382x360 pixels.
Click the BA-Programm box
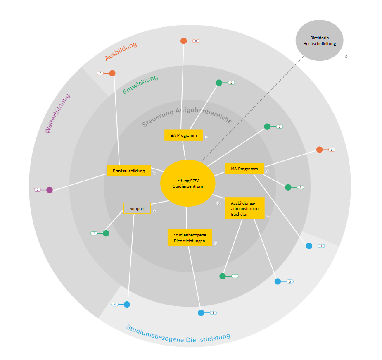[183, 135]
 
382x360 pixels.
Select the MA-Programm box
[244, 169]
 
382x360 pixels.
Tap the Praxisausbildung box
[128, 171]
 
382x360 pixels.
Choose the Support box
[137, 208]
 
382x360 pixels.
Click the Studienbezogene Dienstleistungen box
[190, 238]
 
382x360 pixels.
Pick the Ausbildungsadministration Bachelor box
[244, 208]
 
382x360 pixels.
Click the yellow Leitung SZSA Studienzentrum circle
[188, 183]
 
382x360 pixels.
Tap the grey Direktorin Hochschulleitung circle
[319, 41]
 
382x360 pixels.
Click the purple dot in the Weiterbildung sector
[50, 190]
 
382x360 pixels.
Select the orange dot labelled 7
[112, 73]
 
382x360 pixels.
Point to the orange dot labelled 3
[184, 41]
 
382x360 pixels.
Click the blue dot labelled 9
[201, 313]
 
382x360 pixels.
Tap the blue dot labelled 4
[127, 305]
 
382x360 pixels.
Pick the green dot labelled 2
[219, 83]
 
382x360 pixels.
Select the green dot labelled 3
[267, 126]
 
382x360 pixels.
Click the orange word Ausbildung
[121, 51]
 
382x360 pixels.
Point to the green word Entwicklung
[140, 84]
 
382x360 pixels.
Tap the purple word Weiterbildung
[57, 113]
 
